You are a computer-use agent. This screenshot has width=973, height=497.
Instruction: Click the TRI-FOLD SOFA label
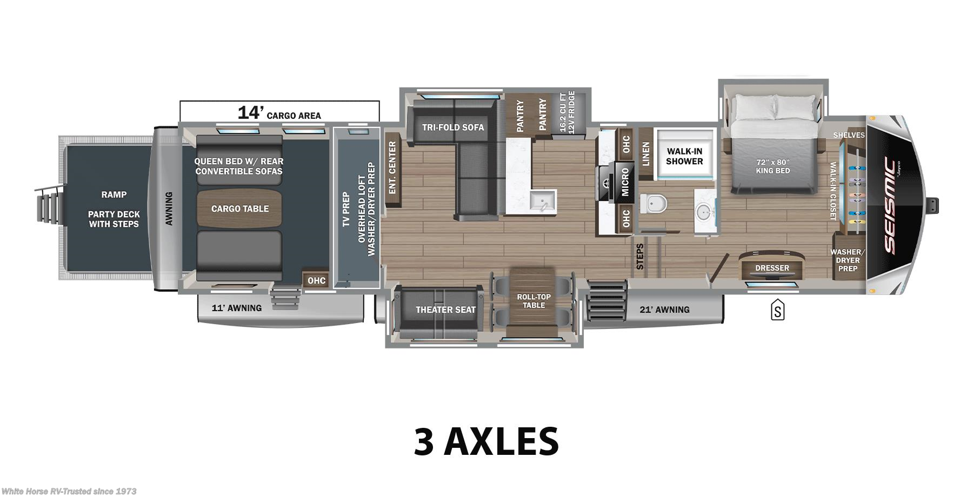click(453, 127)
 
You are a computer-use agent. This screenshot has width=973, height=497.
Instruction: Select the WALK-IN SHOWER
click(684, 156)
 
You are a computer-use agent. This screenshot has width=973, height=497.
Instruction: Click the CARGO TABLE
click(239, 209)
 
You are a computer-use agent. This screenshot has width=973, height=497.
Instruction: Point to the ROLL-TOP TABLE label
click(534, 301)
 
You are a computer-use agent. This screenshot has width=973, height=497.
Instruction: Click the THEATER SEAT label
click(445, 310)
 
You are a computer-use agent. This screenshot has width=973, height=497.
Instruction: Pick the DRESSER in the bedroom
click(772, 267)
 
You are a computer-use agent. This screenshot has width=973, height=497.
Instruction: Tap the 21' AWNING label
click(664, 310)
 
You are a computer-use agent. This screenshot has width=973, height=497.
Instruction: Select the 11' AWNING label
click(236, 308)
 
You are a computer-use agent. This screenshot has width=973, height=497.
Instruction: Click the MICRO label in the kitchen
click(625, 182)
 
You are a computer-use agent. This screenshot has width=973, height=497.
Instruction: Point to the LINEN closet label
click(645, 154)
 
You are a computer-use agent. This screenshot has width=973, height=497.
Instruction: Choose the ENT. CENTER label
click(392, 167)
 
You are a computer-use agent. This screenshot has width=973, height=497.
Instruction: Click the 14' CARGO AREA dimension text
click(279, 113)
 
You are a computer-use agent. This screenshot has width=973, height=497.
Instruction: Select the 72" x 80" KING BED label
click(772, 166)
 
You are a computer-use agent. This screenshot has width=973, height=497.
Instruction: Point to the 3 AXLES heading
click(486, 441)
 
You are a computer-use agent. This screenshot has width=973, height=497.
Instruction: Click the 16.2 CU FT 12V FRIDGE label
click(567, 112)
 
